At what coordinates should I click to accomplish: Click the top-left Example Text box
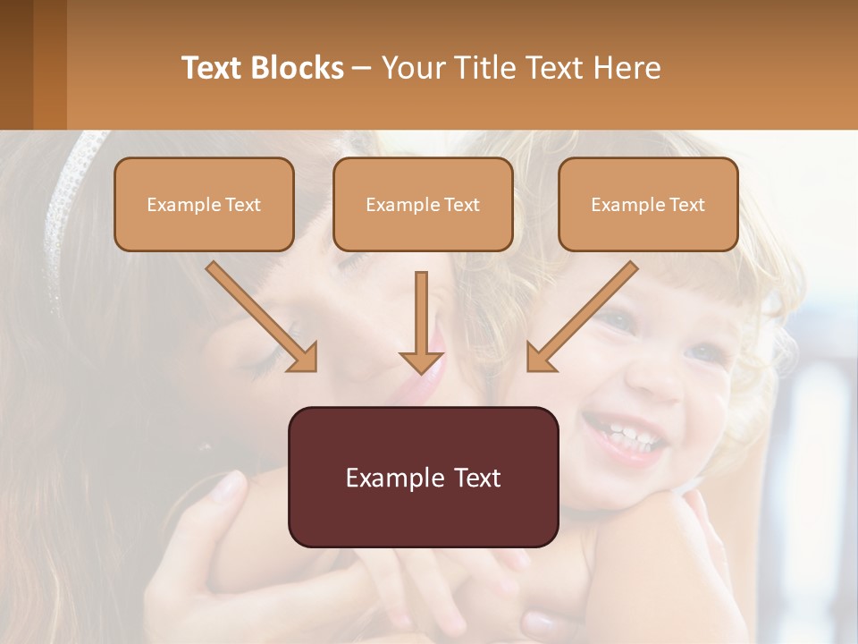point(204,204)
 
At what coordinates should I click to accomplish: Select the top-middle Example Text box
point(423,204)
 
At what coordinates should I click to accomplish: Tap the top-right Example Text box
point(648,204)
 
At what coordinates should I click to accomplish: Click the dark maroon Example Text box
point(423,477)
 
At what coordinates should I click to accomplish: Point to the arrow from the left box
point(261,315)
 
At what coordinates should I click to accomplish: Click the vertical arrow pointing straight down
point(421,322)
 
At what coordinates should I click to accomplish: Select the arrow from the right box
point(582,316)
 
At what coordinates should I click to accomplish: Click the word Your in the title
point(414,68)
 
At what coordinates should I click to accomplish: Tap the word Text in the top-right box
point(687,205)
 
